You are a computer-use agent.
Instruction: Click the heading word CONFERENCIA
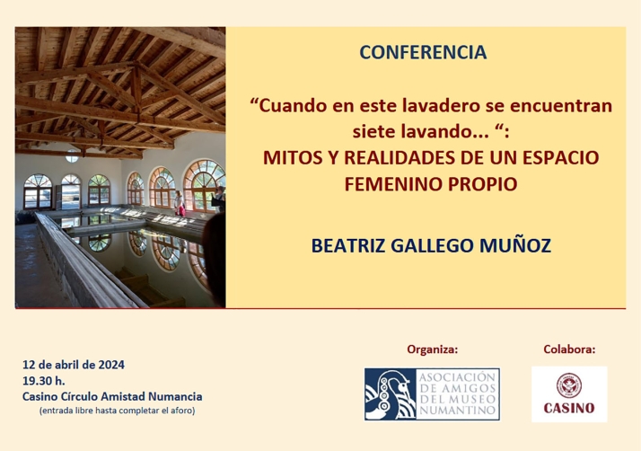tap(423, 53)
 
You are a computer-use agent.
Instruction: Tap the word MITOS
tap(289, 158)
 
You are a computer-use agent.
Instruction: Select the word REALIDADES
tap(399, 158)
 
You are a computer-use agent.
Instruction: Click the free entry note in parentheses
tap(116, 411)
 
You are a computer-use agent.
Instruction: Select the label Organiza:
tap(432, 349)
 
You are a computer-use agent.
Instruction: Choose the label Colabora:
tap(569, 349)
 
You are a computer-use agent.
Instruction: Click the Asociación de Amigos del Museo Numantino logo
tap(432, 394)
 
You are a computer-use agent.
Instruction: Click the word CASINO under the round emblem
tap(569, 409)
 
